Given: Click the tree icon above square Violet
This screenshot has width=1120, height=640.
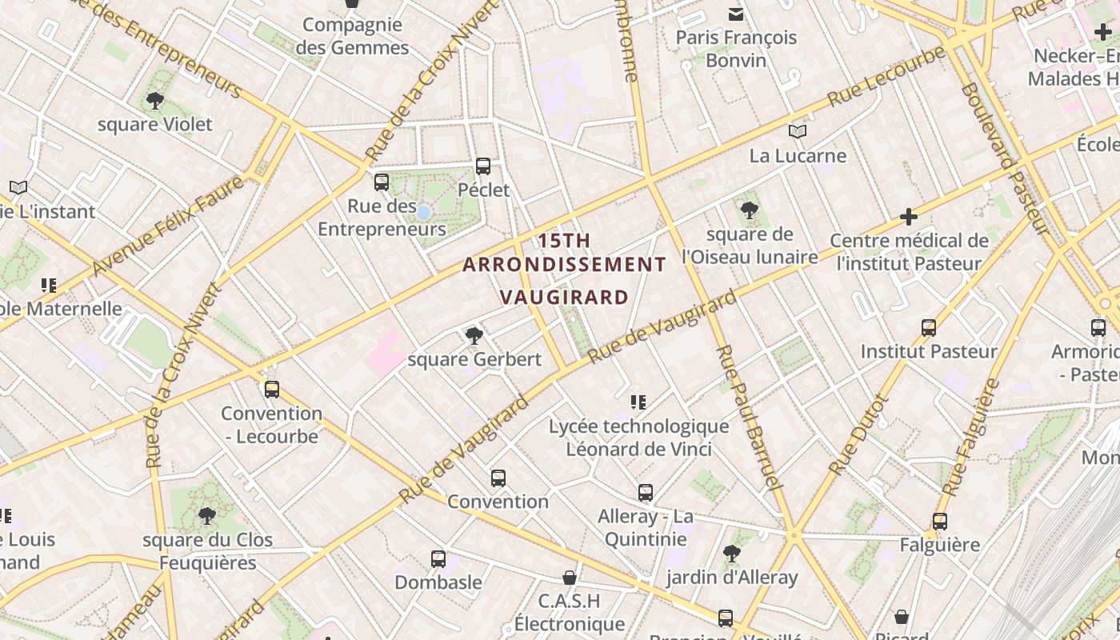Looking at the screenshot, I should click(x=155, y=101).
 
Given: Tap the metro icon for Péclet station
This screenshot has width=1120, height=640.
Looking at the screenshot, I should click(x=483, y=166).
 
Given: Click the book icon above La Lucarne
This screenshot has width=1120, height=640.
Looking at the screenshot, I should click(x=798, y=132).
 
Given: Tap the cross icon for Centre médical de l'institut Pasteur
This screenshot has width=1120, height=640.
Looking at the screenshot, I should click(x=908, y=217).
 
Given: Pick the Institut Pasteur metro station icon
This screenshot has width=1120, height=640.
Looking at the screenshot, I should click(x=929, y=328).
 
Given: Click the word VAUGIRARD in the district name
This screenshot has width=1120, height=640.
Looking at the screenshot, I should click(x=564, y=298).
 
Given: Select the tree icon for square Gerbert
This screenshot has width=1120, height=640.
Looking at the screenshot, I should click(x=474, y=335).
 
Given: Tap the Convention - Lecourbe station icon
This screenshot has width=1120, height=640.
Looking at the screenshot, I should click(x=272, y=390).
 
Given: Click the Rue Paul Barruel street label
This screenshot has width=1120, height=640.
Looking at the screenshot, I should click(x=747, y=417).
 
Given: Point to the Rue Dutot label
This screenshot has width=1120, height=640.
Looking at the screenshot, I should click(x=859, y=435).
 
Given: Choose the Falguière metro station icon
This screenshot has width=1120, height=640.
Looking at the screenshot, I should click(x=940, y=522).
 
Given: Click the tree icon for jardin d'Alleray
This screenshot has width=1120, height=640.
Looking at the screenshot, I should click(x=731, y=553).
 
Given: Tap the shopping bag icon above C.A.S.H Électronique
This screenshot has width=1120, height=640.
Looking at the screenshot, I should click(x=570, y=578).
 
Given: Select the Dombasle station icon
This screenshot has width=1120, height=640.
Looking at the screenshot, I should click(x=438, y=559).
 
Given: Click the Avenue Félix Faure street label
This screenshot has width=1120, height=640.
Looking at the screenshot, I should click(x=168, y=226).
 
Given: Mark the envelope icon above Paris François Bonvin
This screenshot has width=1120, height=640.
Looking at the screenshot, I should click(x=736, y=14).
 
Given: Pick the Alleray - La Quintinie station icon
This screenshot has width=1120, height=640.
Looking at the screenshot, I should click(x=646, y=493).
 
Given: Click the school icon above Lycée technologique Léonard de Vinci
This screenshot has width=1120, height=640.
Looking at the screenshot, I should click(x=638, y=402).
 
